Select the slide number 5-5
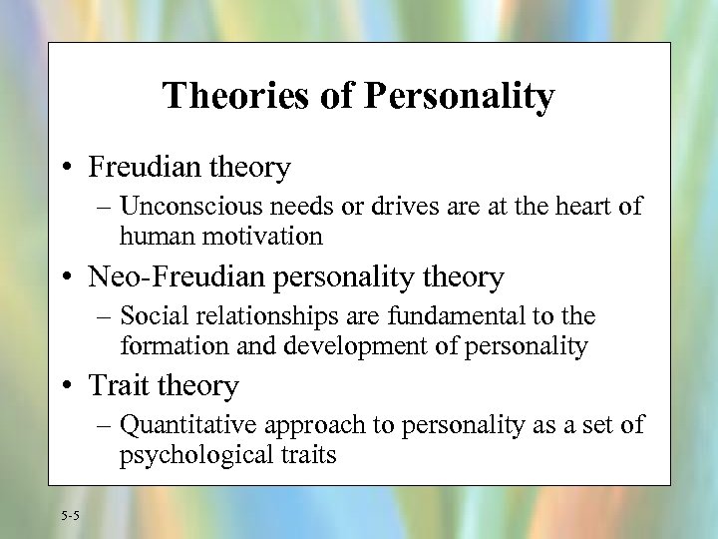tap(70, 515)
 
